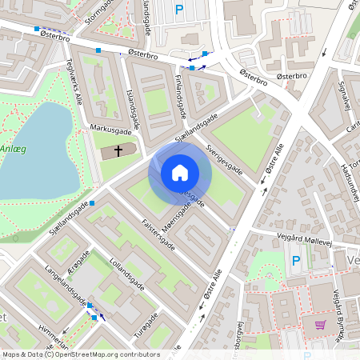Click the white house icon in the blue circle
click(180, 173)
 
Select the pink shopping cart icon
click(320, 325)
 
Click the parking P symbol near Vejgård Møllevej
click(295, 260)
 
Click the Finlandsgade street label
click(181, 90)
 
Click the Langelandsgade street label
click(66, 287)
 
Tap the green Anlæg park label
click(14, 149)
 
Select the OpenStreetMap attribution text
click(80, 354)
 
